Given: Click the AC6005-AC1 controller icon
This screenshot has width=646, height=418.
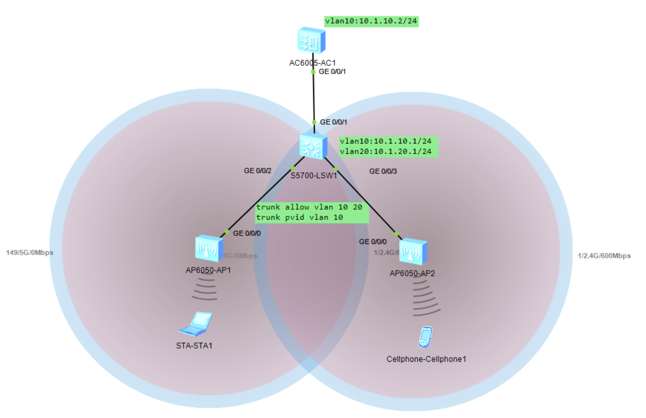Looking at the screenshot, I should (x=311, y=41).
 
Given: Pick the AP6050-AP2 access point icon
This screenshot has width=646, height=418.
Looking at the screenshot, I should (x=413, y=251).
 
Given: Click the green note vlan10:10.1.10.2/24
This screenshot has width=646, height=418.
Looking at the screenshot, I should (x=371, y=21).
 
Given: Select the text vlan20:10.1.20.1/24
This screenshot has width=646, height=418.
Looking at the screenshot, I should (x=387, y=151).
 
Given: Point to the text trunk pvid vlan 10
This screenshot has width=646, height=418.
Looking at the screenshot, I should (x=299, y=217).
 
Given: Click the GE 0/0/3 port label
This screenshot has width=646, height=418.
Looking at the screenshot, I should (x=383, y=171).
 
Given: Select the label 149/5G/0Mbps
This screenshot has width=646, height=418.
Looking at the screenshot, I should (x=30, y=253).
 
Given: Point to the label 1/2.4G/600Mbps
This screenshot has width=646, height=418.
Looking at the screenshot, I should (x=604, y=256).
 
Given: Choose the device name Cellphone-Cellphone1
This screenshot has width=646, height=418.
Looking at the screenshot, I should (x=426, y=359).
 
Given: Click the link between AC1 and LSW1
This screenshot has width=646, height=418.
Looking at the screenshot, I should (x=314, y=97).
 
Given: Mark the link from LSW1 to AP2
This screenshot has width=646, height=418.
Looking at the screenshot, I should (x=366, y=201).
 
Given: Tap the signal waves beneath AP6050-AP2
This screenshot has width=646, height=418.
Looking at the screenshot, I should (x=426, y=299).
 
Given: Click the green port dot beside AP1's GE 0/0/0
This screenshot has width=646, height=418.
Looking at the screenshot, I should (x=227, y=232).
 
